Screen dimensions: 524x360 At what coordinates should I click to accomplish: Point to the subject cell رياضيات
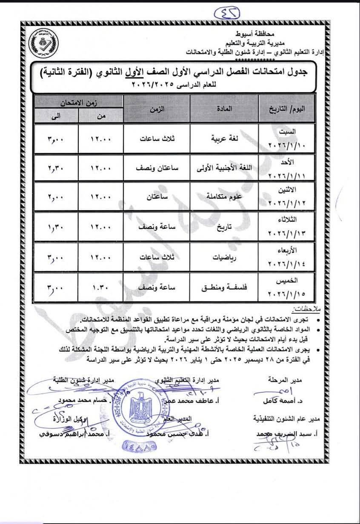224,257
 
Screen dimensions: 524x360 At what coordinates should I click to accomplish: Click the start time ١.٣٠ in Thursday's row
100,287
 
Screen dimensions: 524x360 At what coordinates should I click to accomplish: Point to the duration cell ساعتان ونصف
157,168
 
